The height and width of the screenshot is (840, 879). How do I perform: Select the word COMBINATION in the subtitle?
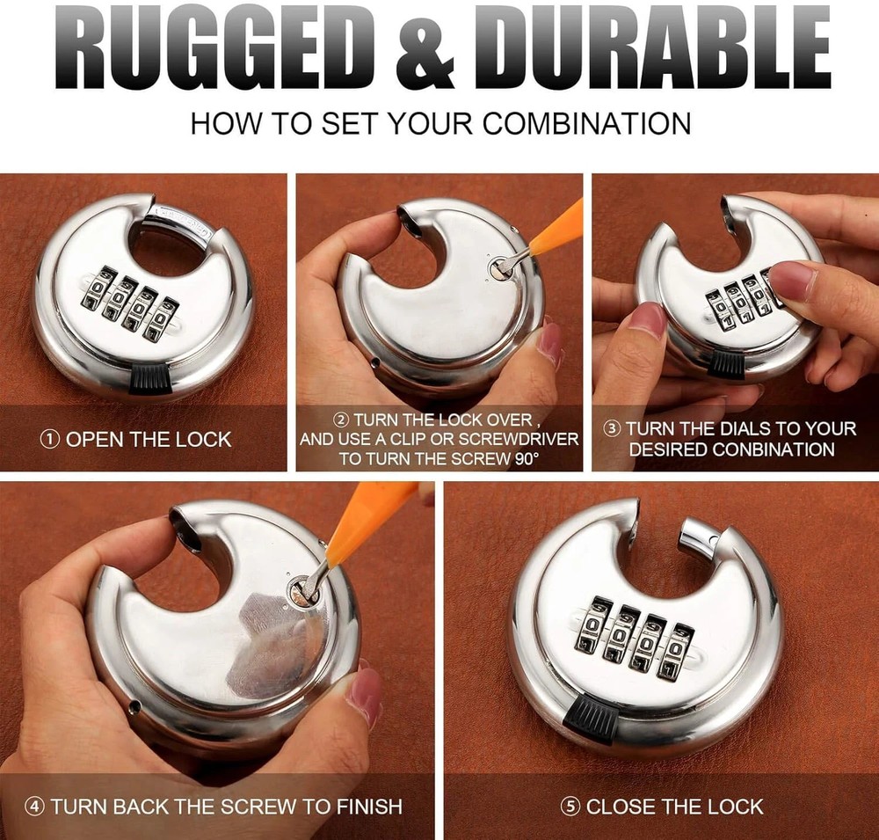tap(586, 122)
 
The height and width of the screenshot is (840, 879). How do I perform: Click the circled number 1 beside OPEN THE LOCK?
tap(50, 439)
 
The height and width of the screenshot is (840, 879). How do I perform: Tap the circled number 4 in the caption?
tap(34, 806)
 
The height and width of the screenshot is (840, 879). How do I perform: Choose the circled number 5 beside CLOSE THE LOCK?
tap(571, 806)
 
